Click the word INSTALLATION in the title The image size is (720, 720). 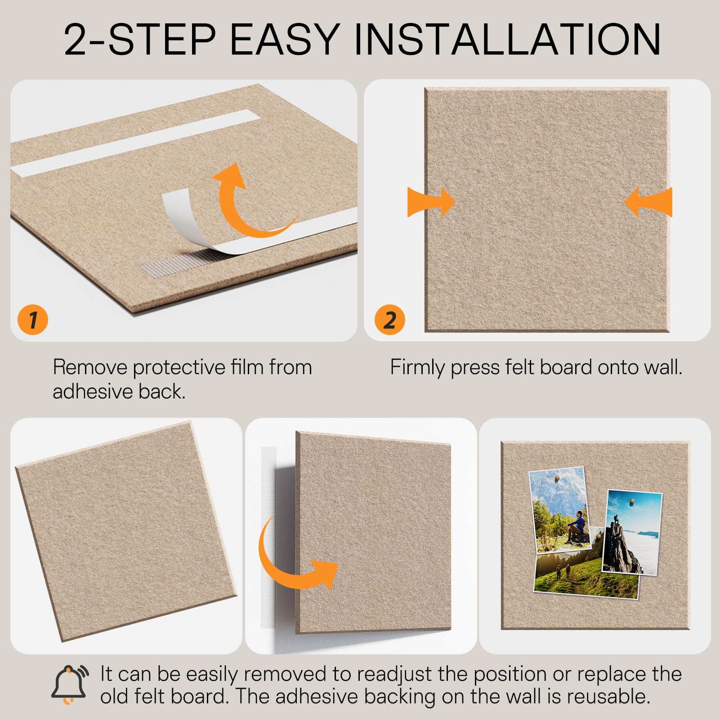[507, 39]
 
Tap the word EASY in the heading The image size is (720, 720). [284, 39]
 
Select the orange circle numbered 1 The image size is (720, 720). [33, 320]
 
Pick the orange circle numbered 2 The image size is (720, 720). [390, 320]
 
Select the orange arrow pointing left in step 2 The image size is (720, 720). [648, 202]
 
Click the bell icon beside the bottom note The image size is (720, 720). [70, 684]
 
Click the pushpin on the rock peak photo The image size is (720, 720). [632, 501]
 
